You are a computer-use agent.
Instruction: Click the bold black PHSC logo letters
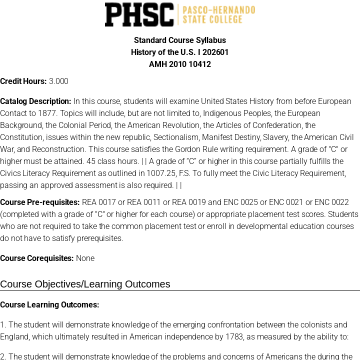pyautogui.click(x=139, y=14)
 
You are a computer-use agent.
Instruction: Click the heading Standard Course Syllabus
pyautogui.click(x=180, y=40)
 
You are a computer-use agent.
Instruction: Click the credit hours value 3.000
pyautogui.click(x=58, y=81)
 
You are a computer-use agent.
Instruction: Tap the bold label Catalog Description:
pyautogui.click(x=35, y=101)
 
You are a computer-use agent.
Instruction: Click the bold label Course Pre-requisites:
pyautogui.click(x=40, y=202)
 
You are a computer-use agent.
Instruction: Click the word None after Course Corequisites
pyautogui.click(x=85, y=258)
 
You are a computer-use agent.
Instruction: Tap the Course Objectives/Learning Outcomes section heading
pyautogui.click(x=85, y=284)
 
